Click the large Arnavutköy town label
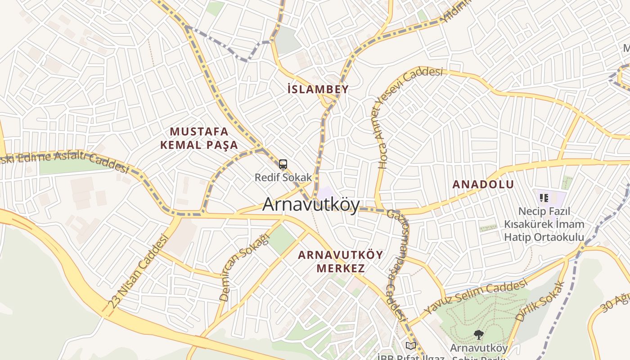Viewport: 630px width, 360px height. tap(311, 205)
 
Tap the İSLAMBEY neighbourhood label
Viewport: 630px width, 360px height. tap(318, 89)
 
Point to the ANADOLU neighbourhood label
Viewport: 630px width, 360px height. tap(483, 184)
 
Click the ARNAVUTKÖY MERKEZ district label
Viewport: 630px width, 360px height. tap(341, 261)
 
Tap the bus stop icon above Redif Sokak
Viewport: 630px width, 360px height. tap(283, 165)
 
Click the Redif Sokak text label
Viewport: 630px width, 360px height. tap(283, 177)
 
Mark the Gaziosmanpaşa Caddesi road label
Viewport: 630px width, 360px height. tap(396, 265)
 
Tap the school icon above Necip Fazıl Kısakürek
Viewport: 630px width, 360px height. tap(544, 198)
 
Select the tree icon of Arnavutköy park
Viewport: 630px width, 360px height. tap(478, 334)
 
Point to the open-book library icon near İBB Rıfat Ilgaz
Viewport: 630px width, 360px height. tap(410, 346)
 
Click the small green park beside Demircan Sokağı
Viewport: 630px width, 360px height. tap(281, 239)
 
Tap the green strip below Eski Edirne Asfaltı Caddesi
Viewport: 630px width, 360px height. tap(67, 166)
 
